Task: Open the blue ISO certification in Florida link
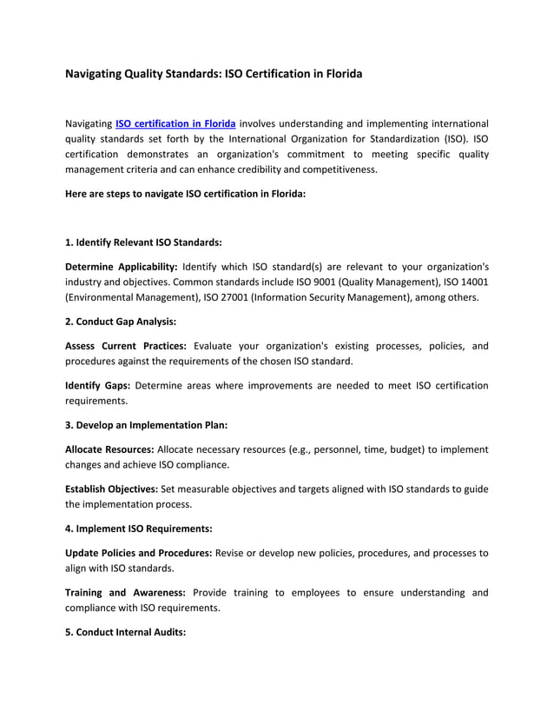175,123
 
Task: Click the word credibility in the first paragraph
240,170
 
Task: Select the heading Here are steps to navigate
185,194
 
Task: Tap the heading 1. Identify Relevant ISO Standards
144,242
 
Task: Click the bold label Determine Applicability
122,266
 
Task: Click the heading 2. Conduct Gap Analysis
121,322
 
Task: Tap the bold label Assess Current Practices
126,346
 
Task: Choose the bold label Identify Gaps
97,385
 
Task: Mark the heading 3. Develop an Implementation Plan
147,425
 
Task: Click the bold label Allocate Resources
110,449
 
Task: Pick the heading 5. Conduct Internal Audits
126,633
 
